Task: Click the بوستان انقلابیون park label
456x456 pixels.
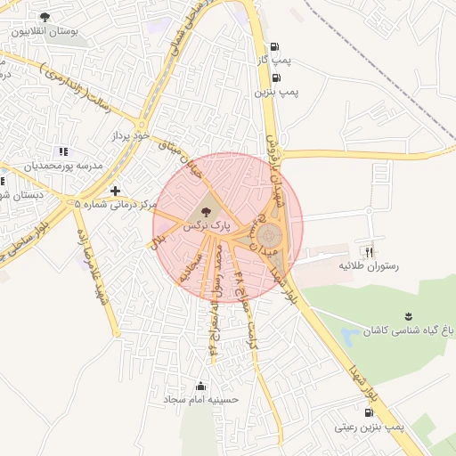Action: click(45, 30)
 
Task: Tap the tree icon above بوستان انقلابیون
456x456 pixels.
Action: click(45, 16)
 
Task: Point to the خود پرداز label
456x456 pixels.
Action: click(128, 136)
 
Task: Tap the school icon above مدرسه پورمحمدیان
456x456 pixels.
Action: click(61, 151)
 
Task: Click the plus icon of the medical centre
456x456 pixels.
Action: click(115, 190)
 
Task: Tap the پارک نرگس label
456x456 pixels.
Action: click(207, 227)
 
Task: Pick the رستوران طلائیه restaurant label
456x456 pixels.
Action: click(368, 265)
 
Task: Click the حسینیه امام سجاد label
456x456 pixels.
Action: click(201, 400)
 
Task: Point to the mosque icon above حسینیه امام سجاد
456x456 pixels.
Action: click(199, 386)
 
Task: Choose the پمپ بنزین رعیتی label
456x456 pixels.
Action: click(370, 427)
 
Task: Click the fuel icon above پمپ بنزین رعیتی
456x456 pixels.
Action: click(369, 412)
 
